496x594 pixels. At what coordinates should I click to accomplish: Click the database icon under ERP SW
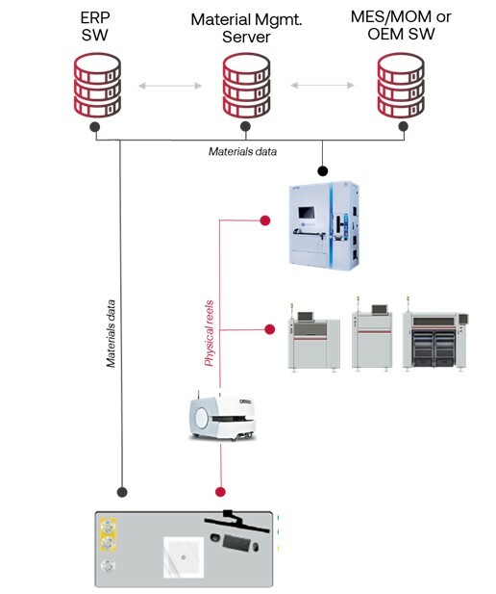click(94, 86)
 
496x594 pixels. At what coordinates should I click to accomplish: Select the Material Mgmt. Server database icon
click(246, 86)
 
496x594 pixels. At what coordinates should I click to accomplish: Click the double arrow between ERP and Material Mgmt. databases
click(170, 87)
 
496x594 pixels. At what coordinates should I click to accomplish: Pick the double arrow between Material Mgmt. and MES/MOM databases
click(323, 87)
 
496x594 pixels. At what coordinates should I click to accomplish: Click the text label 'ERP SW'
click(94, 26)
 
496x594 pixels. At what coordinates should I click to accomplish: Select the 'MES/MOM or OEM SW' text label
click(399, 26)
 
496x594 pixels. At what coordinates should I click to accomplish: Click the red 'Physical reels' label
click(209, 332)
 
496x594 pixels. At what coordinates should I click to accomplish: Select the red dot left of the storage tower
click(265, 221)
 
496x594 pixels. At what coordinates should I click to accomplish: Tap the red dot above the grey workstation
click(220, 490)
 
